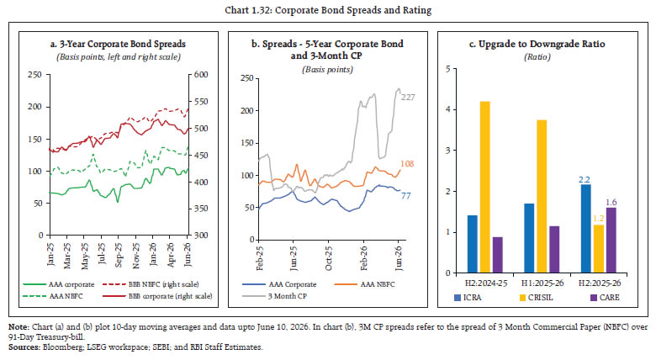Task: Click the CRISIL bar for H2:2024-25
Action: click(485, 187)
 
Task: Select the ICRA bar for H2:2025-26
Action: click(586, 228)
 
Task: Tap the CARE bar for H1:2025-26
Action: click(554, 250)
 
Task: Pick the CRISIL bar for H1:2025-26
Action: click(542, 196)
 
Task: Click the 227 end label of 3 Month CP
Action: click(408, 98)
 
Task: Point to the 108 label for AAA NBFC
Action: click(407, 164)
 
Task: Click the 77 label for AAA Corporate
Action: click(406, 195)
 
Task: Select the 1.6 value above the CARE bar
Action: click(611, 203)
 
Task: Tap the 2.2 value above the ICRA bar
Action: click(585, 180)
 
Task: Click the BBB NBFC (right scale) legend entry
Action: click(151, 284)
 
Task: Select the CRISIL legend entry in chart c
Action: click(536, 298)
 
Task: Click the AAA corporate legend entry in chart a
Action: click(59, 284)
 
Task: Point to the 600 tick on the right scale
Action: click(201, 75)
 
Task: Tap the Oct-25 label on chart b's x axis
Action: click(328, 258)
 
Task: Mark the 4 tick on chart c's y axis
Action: click(448, 109)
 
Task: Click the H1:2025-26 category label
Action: click(542, 283)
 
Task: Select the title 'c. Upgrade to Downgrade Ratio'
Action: click(537, 44)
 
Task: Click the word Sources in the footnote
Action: click(24, 347)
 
